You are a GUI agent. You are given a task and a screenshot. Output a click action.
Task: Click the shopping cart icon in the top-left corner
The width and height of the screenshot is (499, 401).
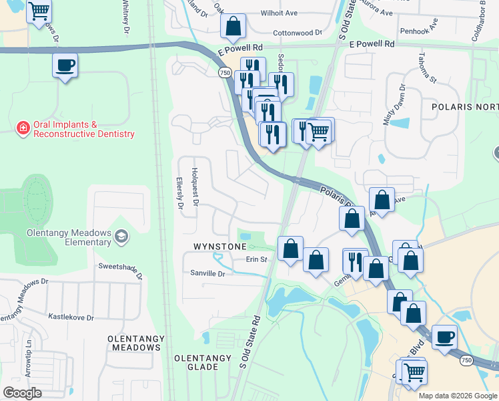pos(39,11)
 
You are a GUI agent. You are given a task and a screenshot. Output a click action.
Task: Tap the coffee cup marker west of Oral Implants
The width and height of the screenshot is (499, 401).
pos(65,66)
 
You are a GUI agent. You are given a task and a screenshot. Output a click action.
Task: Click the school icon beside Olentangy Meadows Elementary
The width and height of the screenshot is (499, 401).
pos(121,236)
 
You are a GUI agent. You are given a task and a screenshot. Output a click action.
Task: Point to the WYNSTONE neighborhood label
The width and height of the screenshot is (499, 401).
pos(219,247)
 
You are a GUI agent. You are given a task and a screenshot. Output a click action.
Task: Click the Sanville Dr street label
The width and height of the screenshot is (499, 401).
pos(207,273)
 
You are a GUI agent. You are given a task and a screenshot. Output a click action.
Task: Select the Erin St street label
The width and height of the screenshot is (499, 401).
pos(256,259)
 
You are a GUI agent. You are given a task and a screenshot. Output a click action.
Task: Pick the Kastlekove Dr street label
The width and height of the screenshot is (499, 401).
pos(71,317)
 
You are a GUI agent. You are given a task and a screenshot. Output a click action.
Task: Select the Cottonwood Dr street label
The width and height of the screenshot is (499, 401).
pos(298,32)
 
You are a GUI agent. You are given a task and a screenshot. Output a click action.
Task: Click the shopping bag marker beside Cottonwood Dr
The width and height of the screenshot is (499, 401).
pos(234,27)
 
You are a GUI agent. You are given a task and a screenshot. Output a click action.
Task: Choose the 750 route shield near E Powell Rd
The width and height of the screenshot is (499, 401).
pos(224,72)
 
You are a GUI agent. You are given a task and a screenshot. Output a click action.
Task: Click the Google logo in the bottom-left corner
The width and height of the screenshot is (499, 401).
pos(22,393)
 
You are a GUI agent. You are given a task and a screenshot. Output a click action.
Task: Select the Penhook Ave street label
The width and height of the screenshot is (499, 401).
pos(418,31)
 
